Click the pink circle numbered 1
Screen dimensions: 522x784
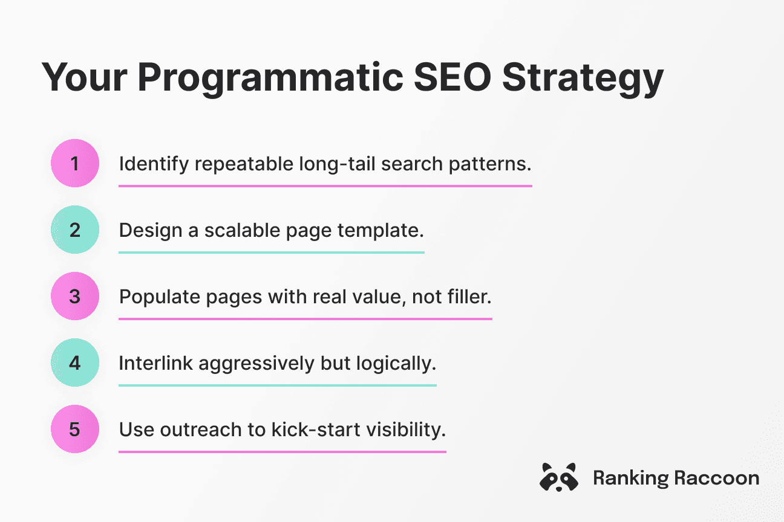pyautogui.click(x=75, y=163)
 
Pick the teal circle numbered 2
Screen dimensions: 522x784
pyautogui.click(x=75, y=230)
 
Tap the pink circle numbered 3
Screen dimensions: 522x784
pyautogui.click(x=75, y=296)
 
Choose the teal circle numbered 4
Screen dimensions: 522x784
pyautogui.click(x=75, y=362)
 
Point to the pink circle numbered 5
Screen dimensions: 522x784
pyautogui.click(x=75, y=429)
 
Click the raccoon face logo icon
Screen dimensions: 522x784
pyautogui.click(x=558, y=477)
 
